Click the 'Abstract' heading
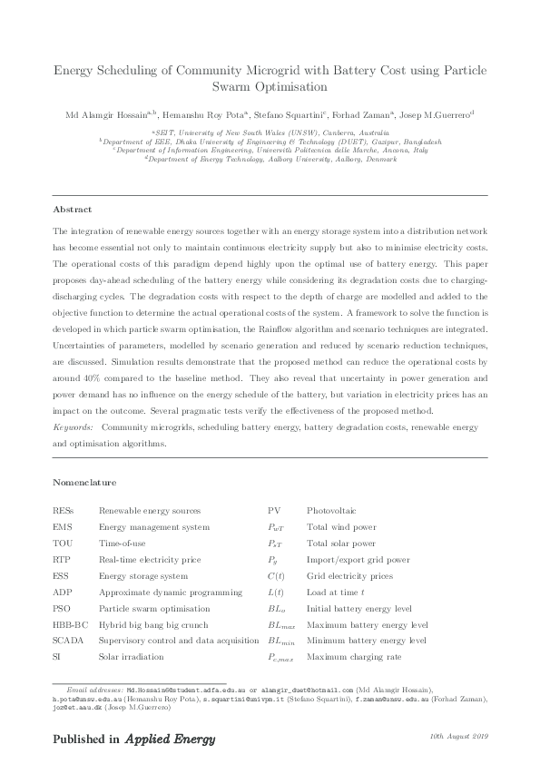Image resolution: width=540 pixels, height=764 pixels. (x=73, y=210)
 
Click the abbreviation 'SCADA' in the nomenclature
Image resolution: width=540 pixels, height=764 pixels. (x=70, y=641)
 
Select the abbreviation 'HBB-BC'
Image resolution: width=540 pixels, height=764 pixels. (x=72, y=624)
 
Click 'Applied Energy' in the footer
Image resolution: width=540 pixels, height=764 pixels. (x=171, y=739)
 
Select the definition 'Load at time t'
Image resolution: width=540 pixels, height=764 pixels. (x=337, y=593)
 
